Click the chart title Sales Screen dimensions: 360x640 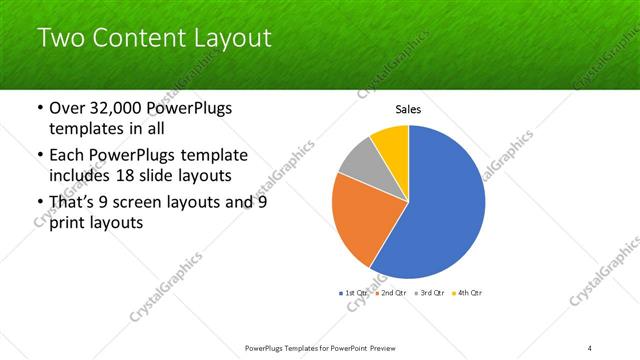click(408, 109)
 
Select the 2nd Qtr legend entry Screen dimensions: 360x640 click(389, 293)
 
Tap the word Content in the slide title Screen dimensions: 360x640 click(135, 39)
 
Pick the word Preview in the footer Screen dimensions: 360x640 click(388, 347)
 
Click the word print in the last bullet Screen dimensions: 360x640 click(69, 224)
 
